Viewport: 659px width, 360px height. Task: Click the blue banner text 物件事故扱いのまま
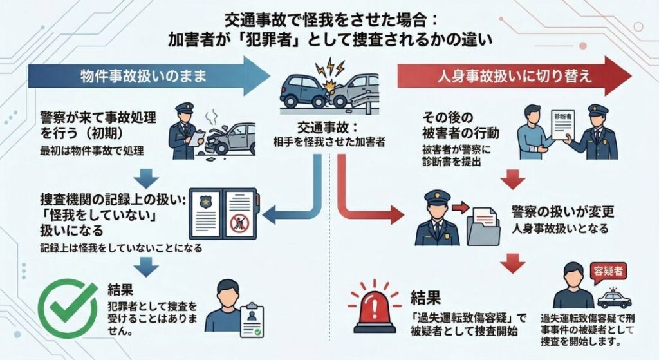[x=143, y=76]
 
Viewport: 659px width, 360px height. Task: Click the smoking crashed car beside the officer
[x=227, y=136]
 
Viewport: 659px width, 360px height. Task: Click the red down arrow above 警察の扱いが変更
[x=513, y=178]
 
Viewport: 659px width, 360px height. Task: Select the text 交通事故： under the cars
[x=329, y=128]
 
